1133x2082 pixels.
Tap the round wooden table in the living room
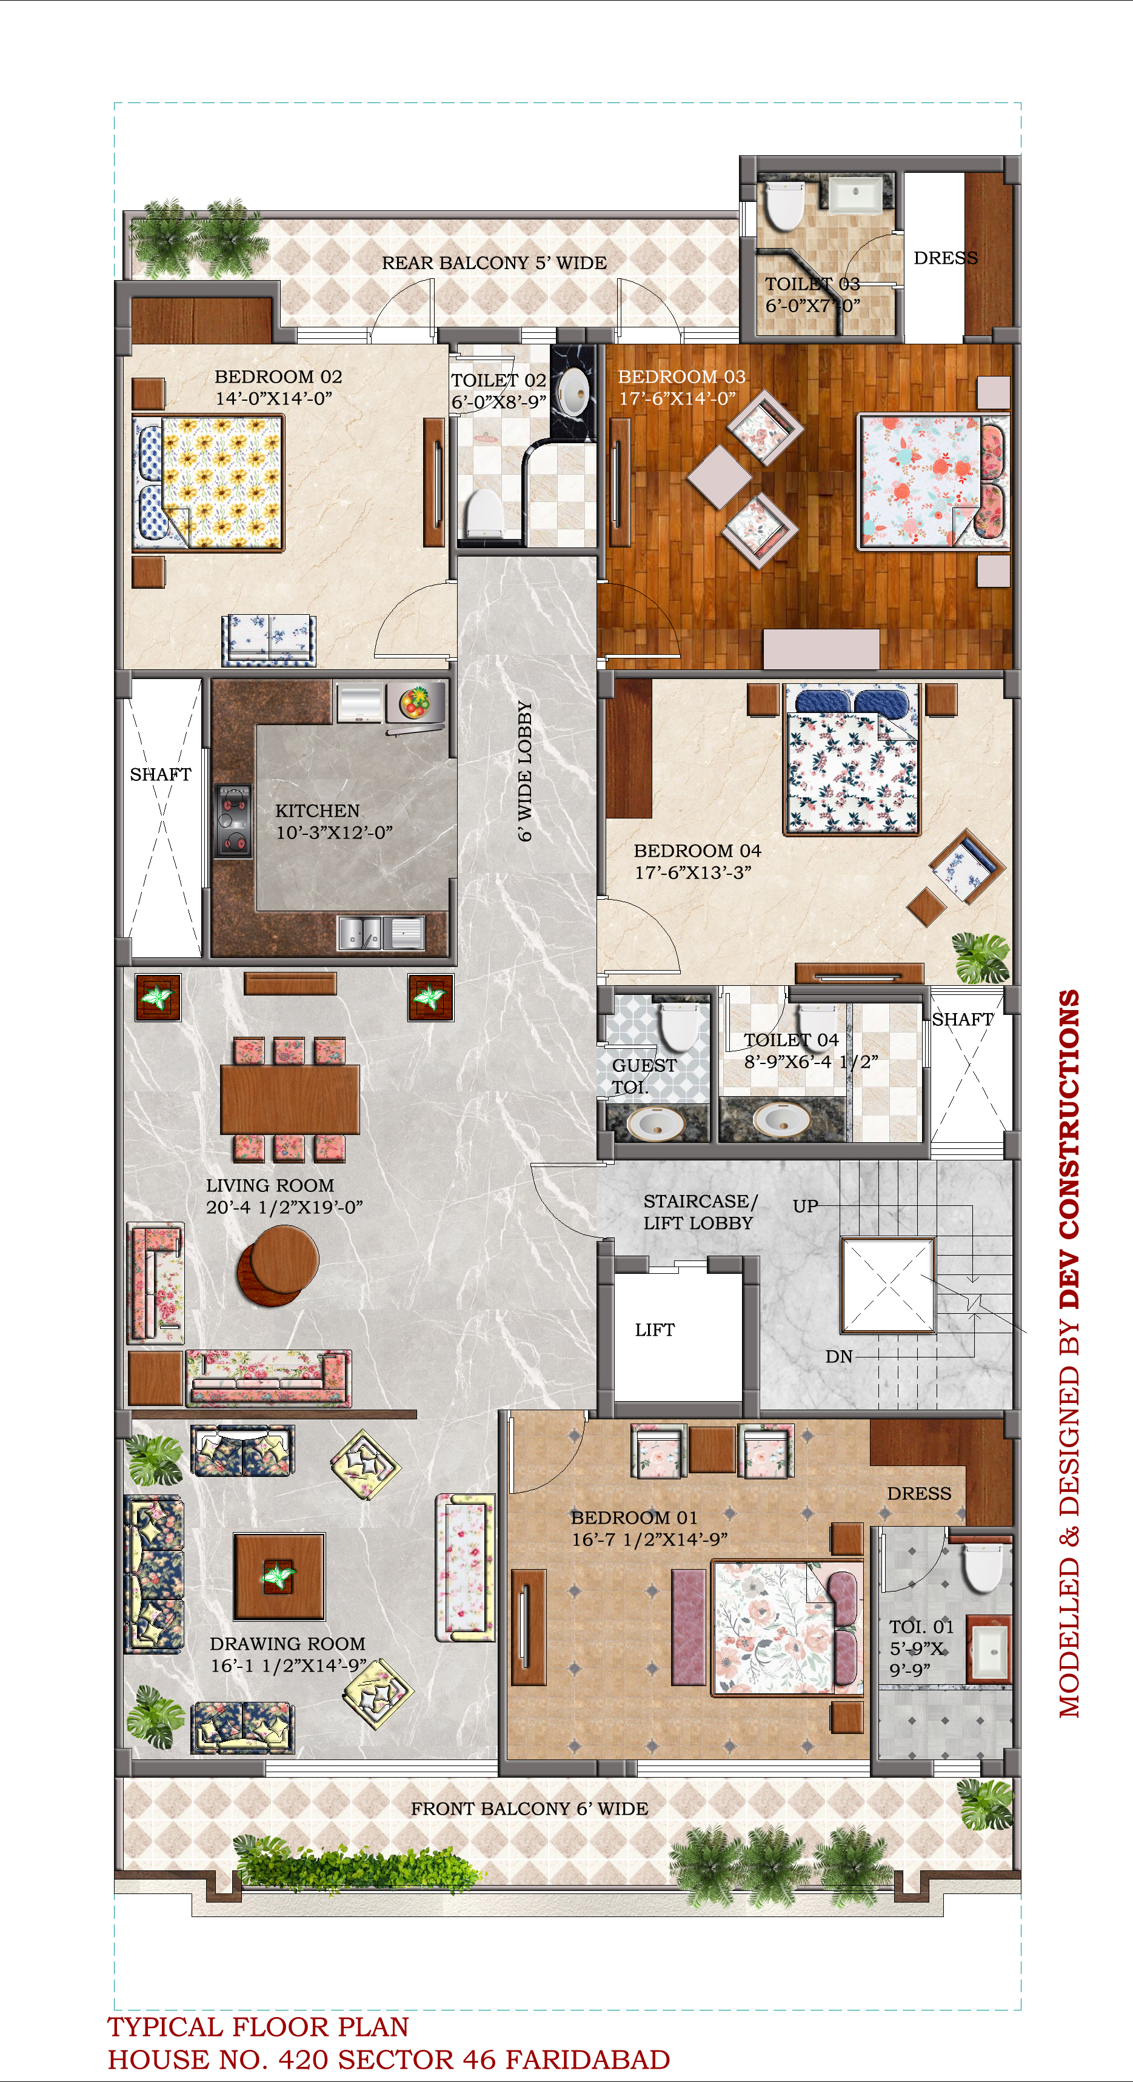(279, 1265)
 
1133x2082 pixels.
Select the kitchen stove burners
(233, 820)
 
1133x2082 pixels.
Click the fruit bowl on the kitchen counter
(415, 701)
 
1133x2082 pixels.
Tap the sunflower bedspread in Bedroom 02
(222, 482)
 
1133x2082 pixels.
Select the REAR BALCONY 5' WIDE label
(494, 263)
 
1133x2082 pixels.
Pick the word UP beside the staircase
(805, 1206)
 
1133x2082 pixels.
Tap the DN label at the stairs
(839, 1357)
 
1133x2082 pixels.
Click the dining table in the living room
(289, 1099)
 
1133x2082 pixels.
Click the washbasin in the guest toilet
(655, 1121)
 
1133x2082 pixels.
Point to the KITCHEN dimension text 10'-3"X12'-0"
(334, 832)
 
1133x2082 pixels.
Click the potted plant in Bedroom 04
(980, 958)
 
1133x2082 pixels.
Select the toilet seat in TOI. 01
(983, 1567)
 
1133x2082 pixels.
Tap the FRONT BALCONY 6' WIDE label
(529, 1809)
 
